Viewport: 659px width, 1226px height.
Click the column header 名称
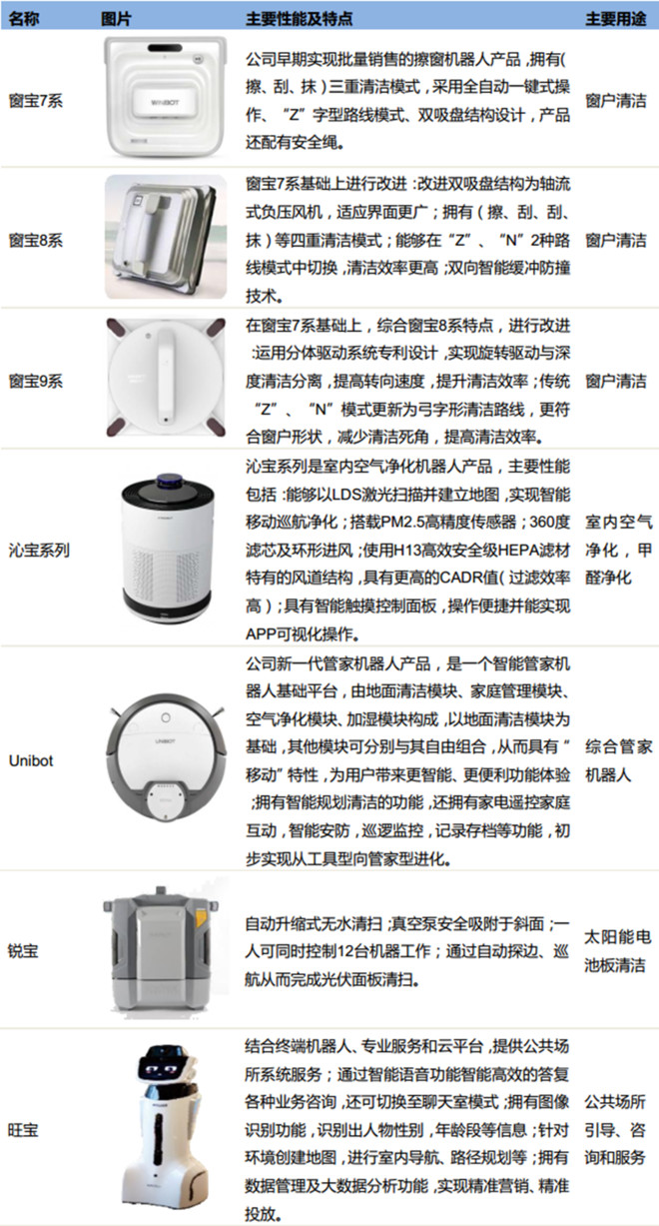point(24,19)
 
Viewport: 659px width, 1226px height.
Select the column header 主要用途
point(616,19)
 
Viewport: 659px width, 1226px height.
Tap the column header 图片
point(116,19)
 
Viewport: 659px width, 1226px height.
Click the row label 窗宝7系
point(36,101)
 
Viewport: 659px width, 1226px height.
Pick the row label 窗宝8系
point(36,240)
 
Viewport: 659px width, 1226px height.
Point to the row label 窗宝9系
point(36,381)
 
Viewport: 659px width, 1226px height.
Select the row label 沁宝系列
point(39,551)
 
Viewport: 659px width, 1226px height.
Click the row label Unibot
point(31,760)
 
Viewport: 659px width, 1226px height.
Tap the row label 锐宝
point(24,950)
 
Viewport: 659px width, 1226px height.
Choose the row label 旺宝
point(24,1130)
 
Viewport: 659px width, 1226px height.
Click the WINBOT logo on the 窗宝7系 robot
point(165,102)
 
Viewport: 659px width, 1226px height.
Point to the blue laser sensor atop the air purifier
point(169,481)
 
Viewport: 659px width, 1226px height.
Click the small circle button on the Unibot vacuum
point(166,717)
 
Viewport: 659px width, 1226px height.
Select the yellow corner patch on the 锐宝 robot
point(202,917)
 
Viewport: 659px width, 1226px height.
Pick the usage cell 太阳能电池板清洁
point(617,951)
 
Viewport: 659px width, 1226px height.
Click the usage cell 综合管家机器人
point(618,760)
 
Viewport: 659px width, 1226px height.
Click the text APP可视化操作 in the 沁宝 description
point(300,634)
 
